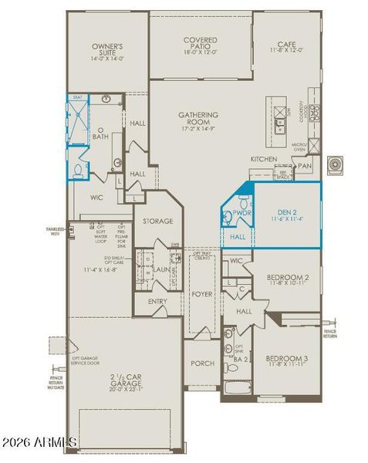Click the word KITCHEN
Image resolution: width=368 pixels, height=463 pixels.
coord(263,159)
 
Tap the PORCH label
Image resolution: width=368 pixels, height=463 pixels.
coord(202,363)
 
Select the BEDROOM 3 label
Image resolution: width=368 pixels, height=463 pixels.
coord(287,360)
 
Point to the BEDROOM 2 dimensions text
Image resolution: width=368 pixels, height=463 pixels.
coord(287,285)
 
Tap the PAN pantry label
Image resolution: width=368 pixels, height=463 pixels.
coord(305,165)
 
